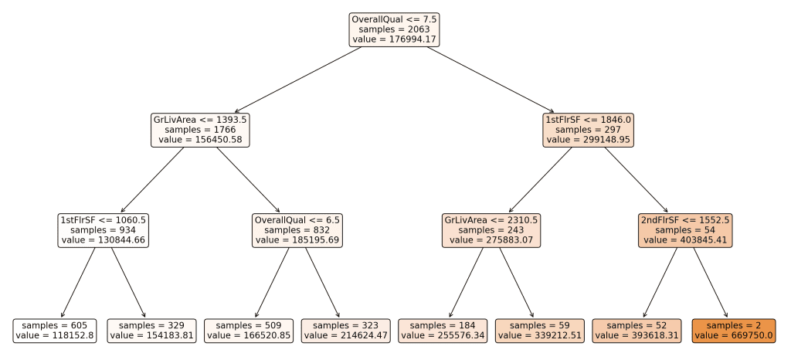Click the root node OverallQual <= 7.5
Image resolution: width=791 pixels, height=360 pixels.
pos(395,30)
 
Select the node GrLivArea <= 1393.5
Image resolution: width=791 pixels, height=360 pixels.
pos(200,130)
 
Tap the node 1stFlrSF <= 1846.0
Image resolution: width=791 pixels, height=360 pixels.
pos(588,130)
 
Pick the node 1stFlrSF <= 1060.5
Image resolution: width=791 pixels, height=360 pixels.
pos(104,230)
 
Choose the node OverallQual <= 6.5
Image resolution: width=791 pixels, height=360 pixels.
pos(297,230)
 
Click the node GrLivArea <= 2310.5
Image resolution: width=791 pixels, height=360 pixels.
pos(491,230)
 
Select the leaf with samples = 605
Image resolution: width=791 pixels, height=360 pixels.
pos(55,331)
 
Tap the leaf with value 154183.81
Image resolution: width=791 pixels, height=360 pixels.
pos(152,331)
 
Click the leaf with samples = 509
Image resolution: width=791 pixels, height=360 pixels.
pos(249,331)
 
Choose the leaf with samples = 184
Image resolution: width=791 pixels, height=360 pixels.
pos(443,331)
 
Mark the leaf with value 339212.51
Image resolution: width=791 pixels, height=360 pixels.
pos(540,331)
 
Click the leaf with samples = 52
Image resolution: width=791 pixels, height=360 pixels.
pos(637,331)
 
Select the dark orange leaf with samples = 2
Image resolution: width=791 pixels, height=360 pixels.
pos(734,331)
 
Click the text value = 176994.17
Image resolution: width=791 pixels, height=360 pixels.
pos(395,39)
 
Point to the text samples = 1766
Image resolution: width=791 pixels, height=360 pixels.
pos(200,130)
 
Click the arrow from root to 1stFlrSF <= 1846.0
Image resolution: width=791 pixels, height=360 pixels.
pos(491,80)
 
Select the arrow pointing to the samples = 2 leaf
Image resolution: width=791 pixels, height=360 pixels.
pos(711,283)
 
